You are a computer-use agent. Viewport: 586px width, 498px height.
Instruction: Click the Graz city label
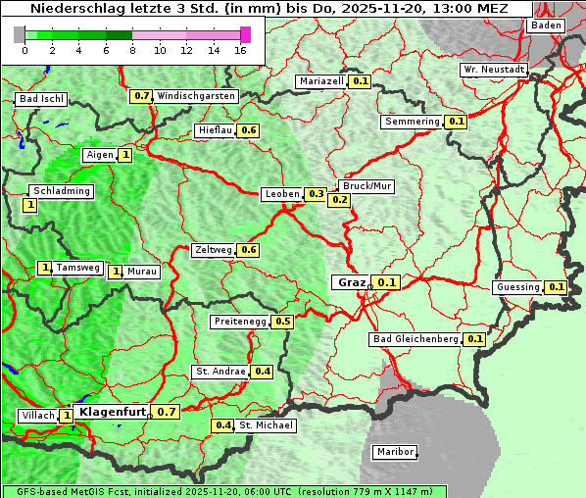(351, 282)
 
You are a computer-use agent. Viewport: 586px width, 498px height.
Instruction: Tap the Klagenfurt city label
(113, 412)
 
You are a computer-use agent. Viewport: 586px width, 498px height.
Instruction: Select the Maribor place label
(395, 452)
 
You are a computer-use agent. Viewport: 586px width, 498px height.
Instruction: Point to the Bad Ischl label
(41, 99)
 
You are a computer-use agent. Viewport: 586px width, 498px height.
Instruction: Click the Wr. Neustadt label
(494, 70)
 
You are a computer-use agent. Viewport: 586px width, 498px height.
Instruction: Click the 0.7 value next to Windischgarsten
(142, 96)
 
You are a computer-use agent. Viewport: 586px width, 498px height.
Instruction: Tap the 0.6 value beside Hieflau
(248, 130)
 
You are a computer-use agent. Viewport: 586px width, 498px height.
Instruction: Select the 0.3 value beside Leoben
(316, 194)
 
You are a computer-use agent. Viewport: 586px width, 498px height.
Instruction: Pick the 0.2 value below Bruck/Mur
(340, 200)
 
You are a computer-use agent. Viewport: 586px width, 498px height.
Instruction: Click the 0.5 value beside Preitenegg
(283, 321)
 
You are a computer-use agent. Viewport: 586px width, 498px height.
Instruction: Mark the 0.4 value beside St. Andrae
(262, 372)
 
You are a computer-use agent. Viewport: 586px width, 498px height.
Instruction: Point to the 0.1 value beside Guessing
(557, 287)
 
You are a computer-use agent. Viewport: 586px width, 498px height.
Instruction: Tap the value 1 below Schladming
(30, 205)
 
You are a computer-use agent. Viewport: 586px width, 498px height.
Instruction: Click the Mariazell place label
(322, 80)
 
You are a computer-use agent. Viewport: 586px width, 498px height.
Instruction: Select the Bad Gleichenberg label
(415, 339)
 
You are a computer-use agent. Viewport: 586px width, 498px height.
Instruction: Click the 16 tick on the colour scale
(240, 49)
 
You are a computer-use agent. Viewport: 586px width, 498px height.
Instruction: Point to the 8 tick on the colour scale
(132, 49)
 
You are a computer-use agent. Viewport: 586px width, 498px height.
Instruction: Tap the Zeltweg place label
(214, 250)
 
